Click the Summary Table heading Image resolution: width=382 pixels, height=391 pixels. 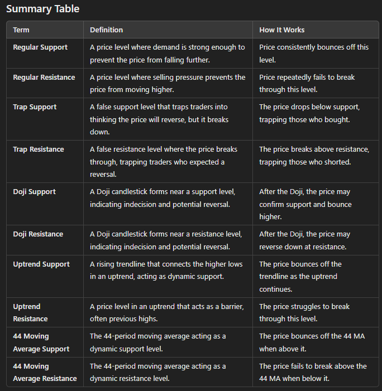tap(43, 9)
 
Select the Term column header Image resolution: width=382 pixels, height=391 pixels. tap(21, 30)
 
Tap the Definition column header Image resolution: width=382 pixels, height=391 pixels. tap(106, 30)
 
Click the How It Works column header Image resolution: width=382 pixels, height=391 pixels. tap(282, 30)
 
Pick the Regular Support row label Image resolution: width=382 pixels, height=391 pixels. tap(40, 47)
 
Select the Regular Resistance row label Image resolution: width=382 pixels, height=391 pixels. tap(44, 77)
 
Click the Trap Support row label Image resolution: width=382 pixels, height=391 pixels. tap(35, 107)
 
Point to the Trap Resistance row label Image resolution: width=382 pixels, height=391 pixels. tap(39, 149)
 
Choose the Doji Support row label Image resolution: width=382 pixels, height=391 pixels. tap(35, 191)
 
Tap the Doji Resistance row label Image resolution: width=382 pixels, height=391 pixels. tap(38, 234)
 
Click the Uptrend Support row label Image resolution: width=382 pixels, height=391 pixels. tap(41, 264)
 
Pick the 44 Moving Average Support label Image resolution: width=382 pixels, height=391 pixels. tap(41, 342)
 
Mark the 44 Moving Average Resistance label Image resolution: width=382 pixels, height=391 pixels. tap(45, 372)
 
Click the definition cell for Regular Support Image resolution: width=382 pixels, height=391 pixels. tap(167, 54)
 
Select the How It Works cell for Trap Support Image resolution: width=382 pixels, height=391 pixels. tap(314, 113)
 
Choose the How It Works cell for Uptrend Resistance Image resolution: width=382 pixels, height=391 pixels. tap(304, 312)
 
